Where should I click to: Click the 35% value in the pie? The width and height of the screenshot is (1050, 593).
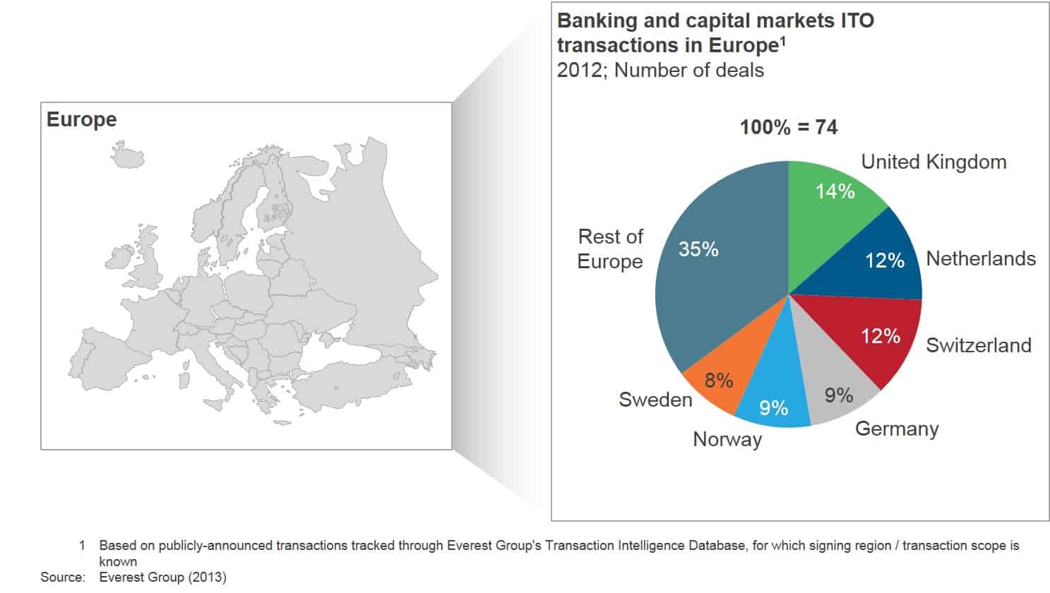coord(698,249)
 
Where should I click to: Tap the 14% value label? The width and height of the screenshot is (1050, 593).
coord(835,191)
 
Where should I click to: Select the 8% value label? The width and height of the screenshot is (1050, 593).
coord(719,381)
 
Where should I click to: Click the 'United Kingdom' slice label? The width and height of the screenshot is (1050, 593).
coord(933,162)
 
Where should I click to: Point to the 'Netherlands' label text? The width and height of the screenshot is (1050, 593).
coord(981,258)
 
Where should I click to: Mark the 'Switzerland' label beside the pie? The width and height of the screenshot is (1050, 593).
coord(979,345)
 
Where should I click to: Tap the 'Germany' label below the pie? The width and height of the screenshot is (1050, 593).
coord(897,429)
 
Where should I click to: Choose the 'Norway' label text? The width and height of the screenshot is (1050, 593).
coord(727,440)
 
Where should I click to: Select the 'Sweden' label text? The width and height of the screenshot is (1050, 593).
coord(655,400)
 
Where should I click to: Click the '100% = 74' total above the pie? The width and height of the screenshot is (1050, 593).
coord(789,127)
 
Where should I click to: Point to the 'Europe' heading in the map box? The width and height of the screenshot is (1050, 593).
coord(82,120)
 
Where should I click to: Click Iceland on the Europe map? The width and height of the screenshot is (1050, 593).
coord(128,155)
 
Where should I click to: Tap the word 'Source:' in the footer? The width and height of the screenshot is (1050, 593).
coord(63,577)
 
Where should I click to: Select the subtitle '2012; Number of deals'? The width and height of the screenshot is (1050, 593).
coord(660,71)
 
